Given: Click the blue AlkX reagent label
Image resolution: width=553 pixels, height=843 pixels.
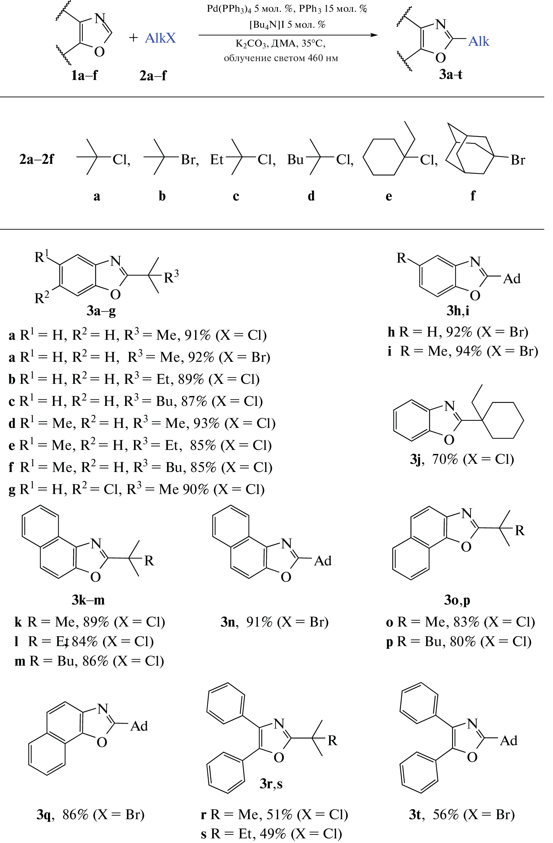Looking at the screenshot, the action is point(160,38).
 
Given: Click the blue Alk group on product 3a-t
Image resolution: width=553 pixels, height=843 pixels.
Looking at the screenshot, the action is point(479,42).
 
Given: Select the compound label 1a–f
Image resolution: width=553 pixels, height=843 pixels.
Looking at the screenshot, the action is point(84,75).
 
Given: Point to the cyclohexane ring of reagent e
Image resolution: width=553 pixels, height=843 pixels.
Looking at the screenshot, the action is point(384,157).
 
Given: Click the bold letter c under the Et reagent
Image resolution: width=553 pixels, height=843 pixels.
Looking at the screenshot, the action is point(236,196).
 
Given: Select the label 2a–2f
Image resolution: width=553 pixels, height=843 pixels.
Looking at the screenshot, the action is point(37,159).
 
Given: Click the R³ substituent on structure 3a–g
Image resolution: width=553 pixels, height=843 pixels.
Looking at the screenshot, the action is point(171,277).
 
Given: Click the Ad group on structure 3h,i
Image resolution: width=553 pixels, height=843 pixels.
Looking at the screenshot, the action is point(512,279).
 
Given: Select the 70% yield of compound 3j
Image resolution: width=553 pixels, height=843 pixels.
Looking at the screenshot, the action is point(445,459).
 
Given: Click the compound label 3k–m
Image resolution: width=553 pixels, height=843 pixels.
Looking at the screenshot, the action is point(88,600).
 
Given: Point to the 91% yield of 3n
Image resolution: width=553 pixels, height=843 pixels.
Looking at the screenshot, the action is point(259,622).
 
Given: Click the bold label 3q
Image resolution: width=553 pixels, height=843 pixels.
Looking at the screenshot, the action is point(45,815).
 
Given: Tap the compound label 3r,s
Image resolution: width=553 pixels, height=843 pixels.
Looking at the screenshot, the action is point(271,783).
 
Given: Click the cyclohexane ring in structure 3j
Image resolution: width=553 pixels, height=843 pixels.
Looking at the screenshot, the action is point(503,420).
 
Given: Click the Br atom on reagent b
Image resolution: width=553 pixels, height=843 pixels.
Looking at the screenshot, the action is point(189,160).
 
